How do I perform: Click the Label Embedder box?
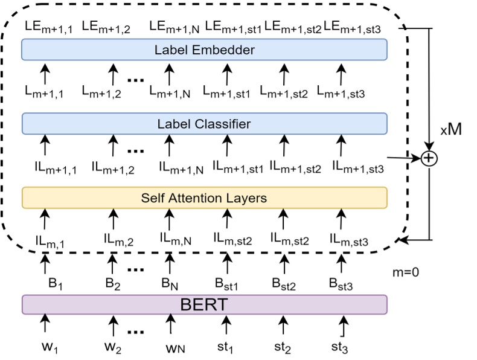click(203, 50)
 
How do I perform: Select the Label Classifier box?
click(203, 124)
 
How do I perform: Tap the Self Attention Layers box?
click(203, 198)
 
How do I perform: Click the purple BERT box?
click(203, 304)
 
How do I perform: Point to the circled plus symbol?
click(428, 158)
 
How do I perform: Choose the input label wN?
click(171, 347)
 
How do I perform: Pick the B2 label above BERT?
click(112, 282)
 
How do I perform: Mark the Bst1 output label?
click(227, 282)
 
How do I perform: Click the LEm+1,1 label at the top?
click(48, 27)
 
